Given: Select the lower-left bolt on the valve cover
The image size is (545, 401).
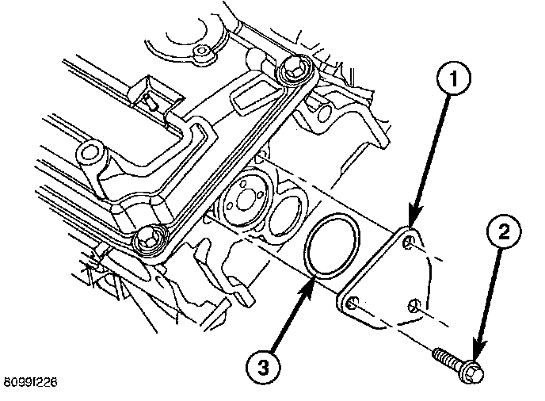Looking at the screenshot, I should point(150,240).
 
